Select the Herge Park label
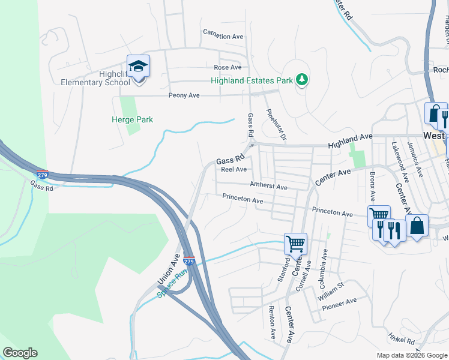(x=132, y=119)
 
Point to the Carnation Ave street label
(x=223, y=36)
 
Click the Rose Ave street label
(x=227, y=67)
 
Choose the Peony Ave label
(x=185, y=95)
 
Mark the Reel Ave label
(x=234, y=169)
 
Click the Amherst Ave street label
(x=269, y=187)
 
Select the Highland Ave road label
(x=350, y=142)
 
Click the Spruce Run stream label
(x=173, y=283)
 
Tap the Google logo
(x=20, y=353)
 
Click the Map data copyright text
(x=411, y=355)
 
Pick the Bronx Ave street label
(x=372, y=186)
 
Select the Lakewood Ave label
(x=400, y=161)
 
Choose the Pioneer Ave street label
(x=339, y=304)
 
